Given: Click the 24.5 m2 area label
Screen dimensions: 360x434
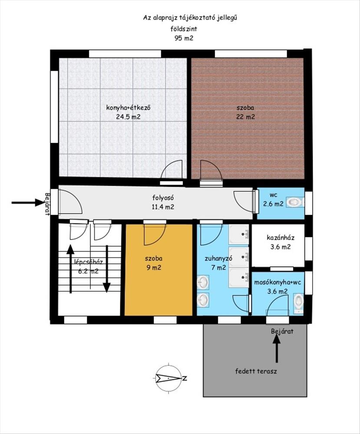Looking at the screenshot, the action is tap(128, 117).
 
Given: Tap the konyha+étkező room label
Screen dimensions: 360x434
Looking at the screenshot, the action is tap(128, 107).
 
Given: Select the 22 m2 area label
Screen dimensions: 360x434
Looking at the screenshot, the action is tap(245, 117).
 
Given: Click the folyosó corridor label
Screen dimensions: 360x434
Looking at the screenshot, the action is tap(163, 197).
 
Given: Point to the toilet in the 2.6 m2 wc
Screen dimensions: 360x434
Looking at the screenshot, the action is tap(295, 202).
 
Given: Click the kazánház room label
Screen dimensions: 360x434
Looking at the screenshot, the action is tap(281, 237).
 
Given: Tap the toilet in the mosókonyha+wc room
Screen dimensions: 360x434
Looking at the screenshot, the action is tap(298, 303).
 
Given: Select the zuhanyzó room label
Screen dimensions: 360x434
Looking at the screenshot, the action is tap(218, 259).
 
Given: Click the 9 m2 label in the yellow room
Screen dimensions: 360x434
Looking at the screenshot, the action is tap(153, 268).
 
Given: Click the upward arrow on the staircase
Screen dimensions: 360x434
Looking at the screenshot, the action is tap(71, 269).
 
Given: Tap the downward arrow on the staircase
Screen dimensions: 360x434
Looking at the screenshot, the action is tap(107, 269).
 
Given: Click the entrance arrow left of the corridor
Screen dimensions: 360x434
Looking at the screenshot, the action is tap(28, 203).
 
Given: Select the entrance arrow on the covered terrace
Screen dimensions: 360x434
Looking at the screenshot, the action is tap(276, 349).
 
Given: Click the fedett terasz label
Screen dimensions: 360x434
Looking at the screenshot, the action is tap(256, 371).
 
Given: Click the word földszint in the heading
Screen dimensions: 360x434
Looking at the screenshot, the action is tap(184, 29).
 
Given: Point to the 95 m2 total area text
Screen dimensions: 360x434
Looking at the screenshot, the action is tap(184, 38).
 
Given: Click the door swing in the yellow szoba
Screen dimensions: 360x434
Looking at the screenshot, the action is tap(155, 234).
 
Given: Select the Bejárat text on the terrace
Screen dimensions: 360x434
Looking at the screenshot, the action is tap(282, 331).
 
